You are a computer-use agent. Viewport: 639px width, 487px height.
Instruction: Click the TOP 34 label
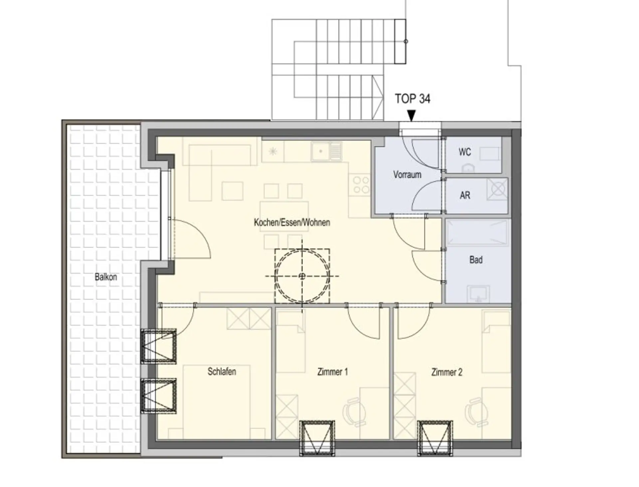click(x=412, y=99)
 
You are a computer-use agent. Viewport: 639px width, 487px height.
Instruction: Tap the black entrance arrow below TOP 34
click(x=412, y=116)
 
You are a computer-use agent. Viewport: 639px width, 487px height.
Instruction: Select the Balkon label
click(x=106, y=277)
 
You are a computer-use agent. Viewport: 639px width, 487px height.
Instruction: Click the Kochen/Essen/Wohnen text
click(x=292, y=222)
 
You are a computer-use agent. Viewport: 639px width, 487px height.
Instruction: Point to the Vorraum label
click(x=407, y=175)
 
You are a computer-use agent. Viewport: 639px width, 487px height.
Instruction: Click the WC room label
click(x=465, y=152)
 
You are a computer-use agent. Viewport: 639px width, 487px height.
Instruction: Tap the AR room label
click(x=465, y=195)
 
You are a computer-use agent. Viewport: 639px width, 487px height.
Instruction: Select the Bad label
click(x=476, y=260)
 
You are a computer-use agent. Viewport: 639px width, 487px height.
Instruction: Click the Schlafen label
click(x=222, y=371)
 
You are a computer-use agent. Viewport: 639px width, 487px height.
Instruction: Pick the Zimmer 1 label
click(x=332, y=372)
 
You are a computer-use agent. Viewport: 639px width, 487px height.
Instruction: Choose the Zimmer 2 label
click(x=447, y=372)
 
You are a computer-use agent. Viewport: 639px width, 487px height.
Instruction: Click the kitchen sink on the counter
click(x=327, y=152)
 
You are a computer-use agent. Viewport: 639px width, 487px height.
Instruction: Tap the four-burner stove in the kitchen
click(x=361, y=185)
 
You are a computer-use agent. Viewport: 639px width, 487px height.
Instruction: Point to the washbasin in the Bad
click(x=478, y=293)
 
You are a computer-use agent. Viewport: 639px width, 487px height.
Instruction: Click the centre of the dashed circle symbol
click(x=302, y=276)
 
